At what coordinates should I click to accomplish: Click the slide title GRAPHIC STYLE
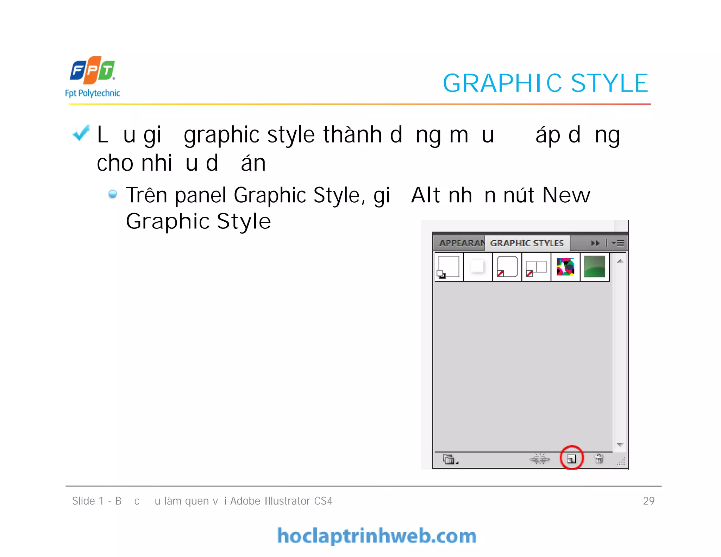pos(545,83)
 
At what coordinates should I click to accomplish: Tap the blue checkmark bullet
pos(81,133)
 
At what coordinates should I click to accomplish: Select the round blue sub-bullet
pos(113,194)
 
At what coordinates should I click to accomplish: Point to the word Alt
pos(425,195)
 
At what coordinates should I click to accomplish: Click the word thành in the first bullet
pos(352,135)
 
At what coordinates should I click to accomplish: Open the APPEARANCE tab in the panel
pos(461,243)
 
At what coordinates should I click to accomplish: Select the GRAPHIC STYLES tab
pos(527,243)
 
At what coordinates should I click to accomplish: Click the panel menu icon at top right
pos(619,243)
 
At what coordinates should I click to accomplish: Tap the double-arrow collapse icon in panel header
pos(595,243)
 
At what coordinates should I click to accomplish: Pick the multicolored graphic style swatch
pos(565,267)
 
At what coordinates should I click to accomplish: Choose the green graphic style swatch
pos(595,267)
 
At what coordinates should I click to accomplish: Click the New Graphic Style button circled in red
pos(571,458)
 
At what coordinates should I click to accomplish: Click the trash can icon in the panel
pos(599,459)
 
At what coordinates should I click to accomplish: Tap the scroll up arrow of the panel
pos(620,261)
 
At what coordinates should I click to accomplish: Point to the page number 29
pos(648,501)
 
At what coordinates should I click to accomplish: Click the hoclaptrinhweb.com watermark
pos(377,536)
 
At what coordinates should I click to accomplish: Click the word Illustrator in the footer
pos(287,501)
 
